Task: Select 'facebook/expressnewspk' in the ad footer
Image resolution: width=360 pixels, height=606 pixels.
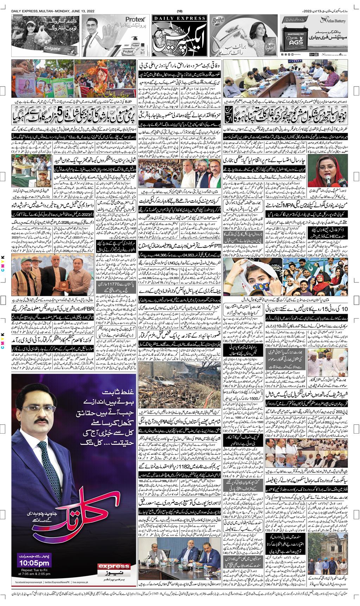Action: pyautogui.click(x=27, y=582)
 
